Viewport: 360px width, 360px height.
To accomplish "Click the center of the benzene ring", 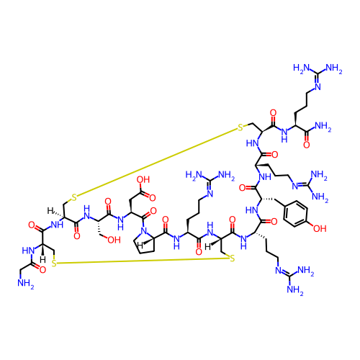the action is coord(295,213).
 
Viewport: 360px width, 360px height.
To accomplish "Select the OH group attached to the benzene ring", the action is coord(320,228).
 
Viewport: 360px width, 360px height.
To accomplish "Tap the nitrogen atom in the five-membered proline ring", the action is coord(143,230).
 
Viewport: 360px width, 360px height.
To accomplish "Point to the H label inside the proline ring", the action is coord(140,246).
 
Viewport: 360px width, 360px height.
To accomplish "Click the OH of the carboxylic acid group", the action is coord(143,179).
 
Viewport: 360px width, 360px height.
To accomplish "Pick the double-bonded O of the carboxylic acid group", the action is coord(153,197).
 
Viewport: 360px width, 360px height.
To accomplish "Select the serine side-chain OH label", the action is coord(114,240).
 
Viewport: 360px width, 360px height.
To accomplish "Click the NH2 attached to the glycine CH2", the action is coord(26,284).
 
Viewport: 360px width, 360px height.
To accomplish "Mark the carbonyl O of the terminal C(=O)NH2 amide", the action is coord(306,145).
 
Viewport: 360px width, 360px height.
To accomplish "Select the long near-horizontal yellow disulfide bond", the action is coord(143,261).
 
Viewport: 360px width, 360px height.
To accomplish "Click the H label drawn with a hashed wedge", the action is coord(50,211).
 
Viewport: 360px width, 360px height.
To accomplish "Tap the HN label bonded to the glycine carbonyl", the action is coord(28,251).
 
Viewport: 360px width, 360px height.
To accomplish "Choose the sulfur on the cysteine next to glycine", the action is coord(54,264).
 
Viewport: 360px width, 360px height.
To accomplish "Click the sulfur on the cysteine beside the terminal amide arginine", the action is coord(240,127).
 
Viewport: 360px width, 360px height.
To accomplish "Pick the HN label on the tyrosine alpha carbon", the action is coord(252,210).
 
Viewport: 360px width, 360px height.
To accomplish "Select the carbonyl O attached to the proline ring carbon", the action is coord(165,220).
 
